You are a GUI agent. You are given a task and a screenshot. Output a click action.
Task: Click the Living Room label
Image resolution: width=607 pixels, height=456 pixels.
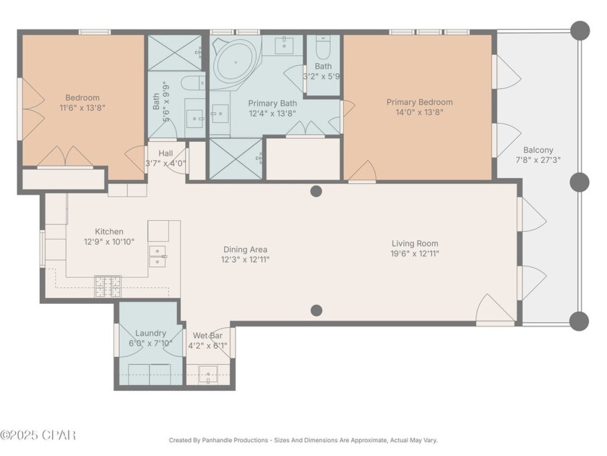tap(415, 243)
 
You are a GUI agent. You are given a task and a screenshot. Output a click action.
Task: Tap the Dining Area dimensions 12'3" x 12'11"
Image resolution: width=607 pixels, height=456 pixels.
tap(245, 259)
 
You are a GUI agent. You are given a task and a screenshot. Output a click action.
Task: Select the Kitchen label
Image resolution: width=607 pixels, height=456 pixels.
tap(108, 232)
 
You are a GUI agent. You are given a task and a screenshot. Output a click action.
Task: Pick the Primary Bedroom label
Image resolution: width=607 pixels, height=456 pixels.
tap(419, 102)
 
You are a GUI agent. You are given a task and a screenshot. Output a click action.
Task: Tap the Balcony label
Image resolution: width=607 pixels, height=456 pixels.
tap(538, 151)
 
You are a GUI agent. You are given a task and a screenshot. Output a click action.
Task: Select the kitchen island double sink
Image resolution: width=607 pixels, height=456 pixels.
tap(158, 256)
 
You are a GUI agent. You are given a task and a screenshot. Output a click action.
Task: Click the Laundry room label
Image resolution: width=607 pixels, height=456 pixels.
tap(150, 333)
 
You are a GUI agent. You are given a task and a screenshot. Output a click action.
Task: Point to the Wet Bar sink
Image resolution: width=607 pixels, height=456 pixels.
tap(209, 376)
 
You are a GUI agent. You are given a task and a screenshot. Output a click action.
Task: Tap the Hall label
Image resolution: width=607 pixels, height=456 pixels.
tap(165, 153)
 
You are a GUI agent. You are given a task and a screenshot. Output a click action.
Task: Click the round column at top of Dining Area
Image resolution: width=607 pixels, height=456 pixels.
tap(316, 191)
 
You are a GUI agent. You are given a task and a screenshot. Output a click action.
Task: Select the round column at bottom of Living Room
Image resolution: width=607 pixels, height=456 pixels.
tap(316, 311)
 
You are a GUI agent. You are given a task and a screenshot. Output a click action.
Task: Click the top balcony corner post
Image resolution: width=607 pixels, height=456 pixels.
tap(580, 30)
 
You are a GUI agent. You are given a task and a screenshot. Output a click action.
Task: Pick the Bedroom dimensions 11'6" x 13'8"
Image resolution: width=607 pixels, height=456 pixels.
tap(82, 108)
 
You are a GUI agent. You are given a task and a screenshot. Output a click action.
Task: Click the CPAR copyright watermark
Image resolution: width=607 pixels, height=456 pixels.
tap(38, 435)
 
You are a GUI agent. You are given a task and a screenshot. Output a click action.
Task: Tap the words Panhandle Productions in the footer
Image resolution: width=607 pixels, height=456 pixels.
tap(238, 440)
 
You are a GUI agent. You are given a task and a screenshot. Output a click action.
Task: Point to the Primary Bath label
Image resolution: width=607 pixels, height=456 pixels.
tap(273, 104)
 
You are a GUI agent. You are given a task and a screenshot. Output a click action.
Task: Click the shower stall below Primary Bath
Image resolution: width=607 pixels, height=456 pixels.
tap(236, 159)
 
